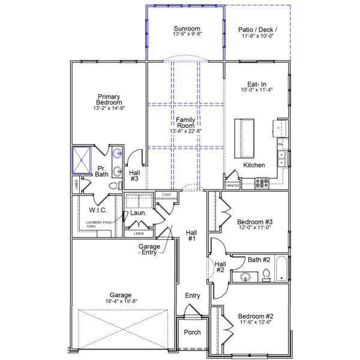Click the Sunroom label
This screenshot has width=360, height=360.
tap(186, 28)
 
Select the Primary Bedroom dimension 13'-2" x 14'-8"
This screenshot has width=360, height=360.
tap(109, 109)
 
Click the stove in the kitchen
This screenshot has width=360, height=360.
tap(262, 183)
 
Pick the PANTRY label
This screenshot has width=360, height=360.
tap(232, 186)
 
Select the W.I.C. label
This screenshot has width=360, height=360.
tap(97, 210)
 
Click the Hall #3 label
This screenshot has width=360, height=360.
tap(134, 175)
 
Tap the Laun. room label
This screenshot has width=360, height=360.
tap(139, 213)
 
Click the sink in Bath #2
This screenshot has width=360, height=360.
tap(245, 277)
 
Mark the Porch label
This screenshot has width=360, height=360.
tap(192, 332)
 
